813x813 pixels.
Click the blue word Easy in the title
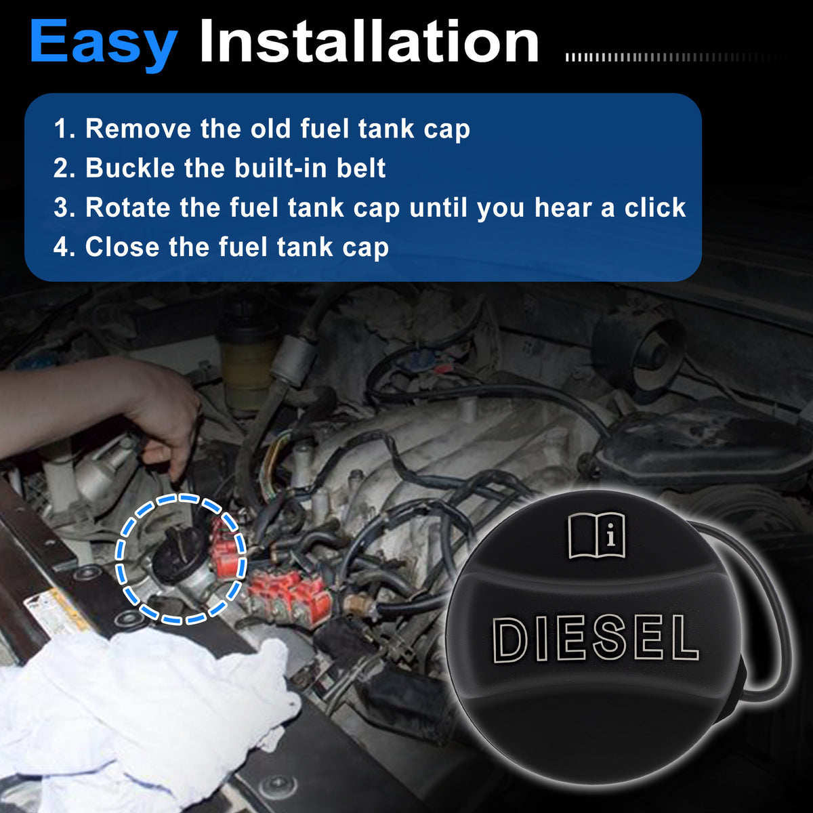104,44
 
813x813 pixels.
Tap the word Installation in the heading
369,41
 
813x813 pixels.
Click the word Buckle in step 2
130,168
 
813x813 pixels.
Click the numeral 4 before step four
60,247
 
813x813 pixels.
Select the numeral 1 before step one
60,129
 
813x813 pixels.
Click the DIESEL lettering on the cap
596,639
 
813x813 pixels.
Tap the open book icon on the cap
597,536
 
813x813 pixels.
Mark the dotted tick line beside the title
675,58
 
